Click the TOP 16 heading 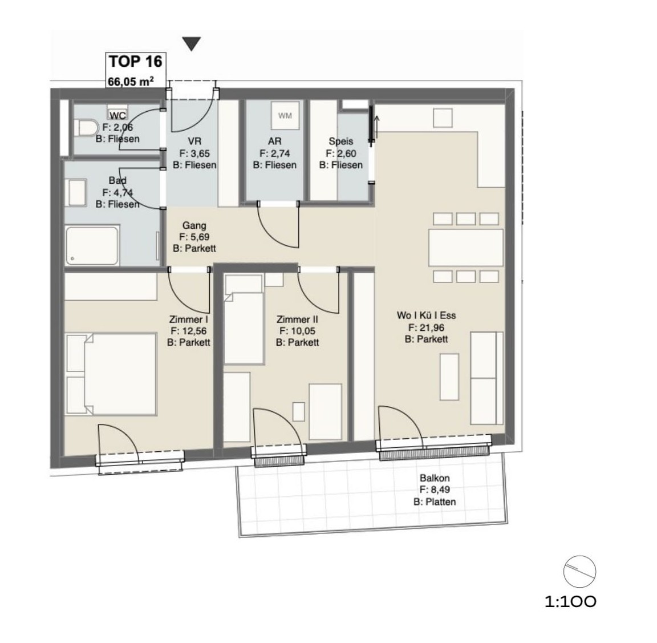(x=135, y=61)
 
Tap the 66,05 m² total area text (x=131, y=82)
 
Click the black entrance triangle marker (x=192, y=44)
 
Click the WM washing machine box (x=285, y=116)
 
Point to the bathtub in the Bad (x=92, y=245)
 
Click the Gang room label (x=193, y=225)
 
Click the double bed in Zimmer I (x=112, y=374)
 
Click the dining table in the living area (x=466, y=248)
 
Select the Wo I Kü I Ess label (x=426, y=315)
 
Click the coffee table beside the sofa (x=449, y=376)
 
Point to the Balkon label (x=435, y=479)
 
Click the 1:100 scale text (x=570, y=601)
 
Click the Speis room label (x=341, y=141)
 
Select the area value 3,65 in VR (x=198, y=153)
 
